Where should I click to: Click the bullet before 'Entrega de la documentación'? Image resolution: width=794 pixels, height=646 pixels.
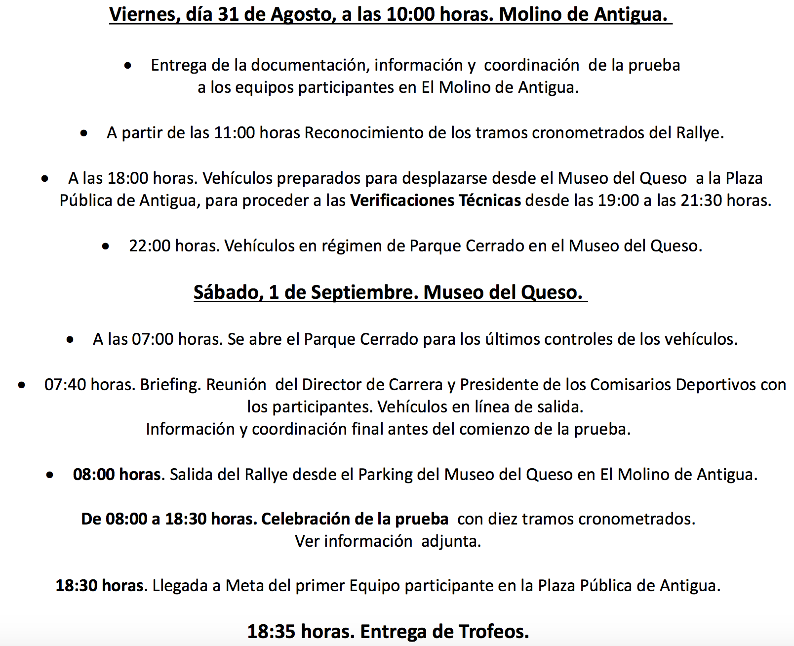[x=128, y=65]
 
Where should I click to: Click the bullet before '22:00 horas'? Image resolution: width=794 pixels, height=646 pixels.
[x=106, y=246]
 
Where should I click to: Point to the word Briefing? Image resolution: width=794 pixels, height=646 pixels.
[x=170, y=385]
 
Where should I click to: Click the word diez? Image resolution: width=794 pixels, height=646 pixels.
[x=503, y=519]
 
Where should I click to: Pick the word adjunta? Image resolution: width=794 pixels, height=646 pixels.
[x=451, y=541]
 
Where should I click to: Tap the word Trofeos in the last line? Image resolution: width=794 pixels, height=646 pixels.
[x=493, y=632]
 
